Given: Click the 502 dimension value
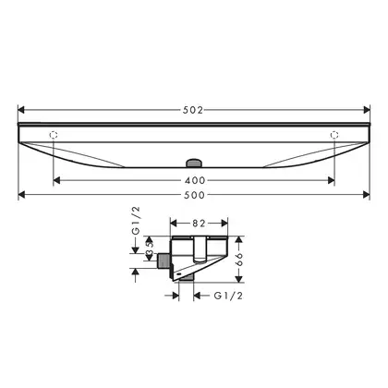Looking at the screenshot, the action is [x=193, y=110].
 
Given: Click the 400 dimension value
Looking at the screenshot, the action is [x=195, y=180].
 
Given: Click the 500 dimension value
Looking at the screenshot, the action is [x=194, y=195].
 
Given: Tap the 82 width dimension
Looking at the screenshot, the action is [x=199, y=224].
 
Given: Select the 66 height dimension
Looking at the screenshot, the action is [x=239, y=260].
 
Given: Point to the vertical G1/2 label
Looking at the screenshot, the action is [x=136, y=221].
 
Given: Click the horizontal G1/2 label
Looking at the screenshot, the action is [x=228, y=296].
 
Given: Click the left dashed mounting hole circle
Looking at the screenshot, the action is [x=54, y=135].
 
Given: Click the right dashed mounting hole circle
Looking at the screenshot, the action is [x=334, y=135].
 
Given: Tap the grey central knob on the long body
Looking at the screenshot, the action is [x=194, y=163].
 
